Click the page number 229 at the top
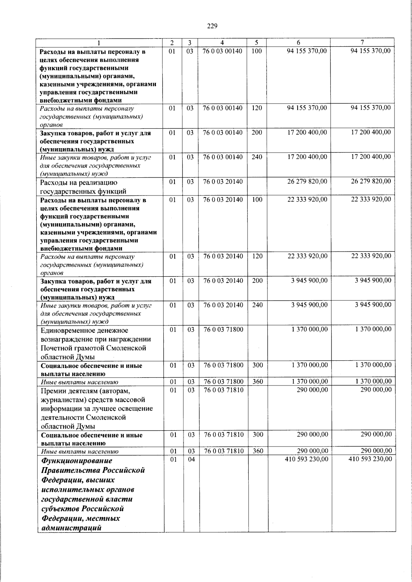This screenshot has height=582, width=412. (212, 26)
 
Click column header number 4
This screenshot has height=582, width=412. (222, 43)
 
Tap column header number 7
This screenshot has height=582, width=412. (362, 43)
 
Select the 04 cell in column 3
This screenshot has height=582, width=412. (191, 459)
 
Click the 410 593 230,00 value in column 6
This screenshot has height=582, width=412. (306, 459)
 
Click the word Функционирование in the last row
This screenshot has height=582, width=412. (77, 461)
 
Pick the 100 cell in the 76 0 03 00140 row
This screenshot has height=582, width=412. (256, 51)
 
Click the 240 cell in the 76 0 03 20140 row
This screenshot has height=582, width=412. (257, 305)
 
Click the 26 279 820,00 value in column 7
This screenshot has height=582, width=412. (370, 181)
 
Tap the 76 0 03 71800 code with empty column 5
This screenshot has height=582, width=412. (223, 330)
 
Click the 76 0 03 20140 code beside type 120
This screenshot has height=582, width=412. (223, 256)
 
